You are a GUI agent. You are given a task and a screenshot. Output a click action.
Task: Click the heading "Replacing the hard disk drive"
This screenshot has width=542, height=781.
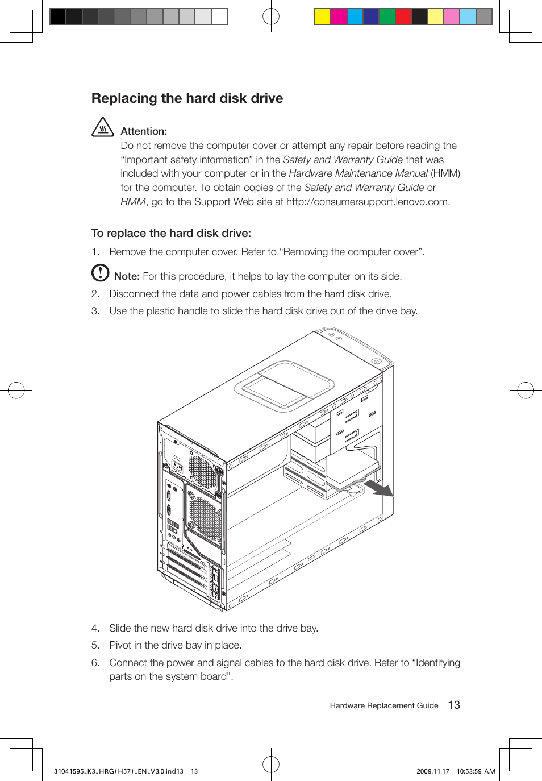[187, 98]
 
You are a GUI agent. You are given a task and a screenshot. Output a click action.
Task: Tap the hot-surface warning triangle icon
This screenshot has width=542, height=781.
[102, 128]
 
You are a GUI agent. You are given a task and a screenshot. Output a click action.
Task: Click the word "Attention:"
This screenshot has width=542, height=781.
[144, 131]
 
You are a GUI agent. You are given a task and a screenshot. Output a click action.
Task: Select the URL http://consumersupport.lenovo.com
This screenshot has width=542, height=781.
[367, 202]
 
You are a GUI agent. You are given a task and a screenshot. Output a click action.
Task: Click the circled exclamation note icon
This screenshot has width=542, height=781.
[100, 273]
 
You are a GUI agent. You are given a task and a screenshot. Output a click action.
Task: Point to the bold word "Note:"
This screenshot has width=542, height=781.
[127, 276]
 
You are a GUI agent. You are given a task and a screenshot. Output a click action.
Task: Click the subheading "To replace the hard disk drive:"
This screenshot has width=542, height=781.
[171, 233]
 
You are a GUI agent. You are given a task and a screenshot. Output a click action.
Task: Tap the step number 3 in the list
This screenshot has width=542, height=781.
[95, 311]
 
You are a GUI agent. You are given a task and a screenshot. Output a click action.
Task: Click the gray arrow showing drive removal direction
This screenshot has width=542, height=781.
[378, 488]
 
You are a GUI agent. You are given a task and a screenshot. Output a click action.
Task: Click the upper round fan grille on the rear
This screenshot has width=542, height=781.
[202, 471]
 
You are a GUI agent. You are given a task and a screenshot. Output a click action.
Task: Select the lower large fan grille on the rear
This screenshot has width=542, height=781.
[205, 518]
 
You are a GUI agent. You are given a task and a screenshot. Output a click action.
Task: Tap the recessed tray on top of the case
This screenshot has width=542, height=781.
[284, 385]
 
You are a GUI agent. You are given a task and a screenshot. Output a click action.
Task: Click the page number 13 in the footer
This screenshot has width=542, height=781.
[454, 705]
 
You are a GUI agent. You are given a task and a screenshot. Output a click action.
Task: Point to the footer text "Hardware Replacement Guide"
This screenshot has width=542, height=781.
[384, 705]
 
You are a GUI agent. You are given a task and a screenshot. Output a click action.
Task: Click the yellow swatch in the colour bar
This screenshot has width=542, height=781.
[323, 16]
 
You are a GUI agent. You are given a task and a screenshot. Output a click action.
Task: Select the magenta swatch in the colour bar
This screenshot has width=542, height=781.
[339, 16]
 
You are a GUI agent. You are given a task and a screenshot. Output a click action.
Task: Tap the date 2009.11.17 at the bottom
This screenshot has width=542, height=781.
[432, 771]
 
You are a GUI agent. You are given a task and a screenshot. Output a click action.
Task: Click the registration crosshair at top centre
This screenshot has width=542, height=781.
[271, 16]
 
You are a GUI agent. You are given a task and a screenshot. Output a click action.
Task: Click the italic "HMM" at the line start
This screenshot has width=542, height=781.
[133, 202]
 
